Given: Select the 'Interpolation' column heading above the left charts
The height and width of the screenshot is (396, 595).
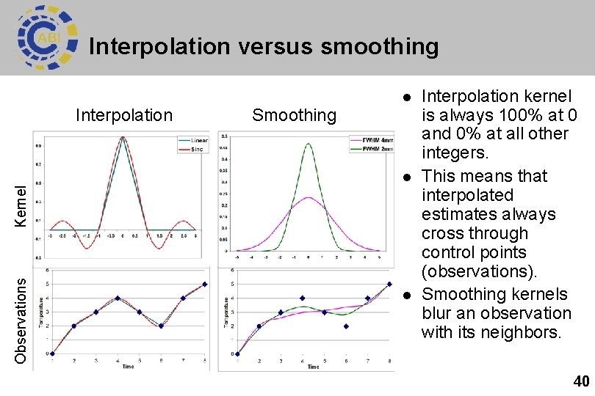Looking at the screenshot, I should pos(124,115).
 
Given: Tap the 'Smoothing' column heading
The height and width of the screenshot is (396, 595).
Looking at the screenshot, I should pos(294,115).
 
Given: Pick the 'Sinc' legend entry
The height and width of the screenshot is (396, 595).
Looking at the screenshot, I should pos(197,148).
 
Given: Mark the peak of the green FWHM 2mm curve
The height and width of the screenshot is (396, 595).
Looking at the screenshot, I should pos(309,144).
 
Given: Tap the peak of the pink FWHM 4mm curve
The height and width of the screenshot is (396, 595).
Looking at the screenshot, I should pos(309,197).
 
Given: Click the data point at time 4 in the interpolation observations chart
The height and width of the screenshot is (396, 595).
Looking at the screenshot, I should pos(118,298).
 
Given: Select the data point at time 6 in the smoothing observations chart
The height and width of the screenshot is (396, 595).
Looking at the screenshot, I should pos(345,326).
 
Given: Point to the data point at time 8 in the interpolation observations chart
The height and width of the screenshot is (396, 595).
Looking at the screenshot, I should pos(204,285).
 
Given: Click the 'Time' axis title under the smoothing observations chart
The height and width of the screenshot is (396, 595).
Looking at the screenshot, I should pos(313,366).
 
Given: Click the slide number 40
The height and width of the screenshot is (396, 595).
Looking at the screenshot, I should pos(580,381).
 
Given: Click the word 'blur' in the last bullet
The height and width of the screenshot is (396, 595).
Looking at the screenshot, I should pos(438,313).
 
